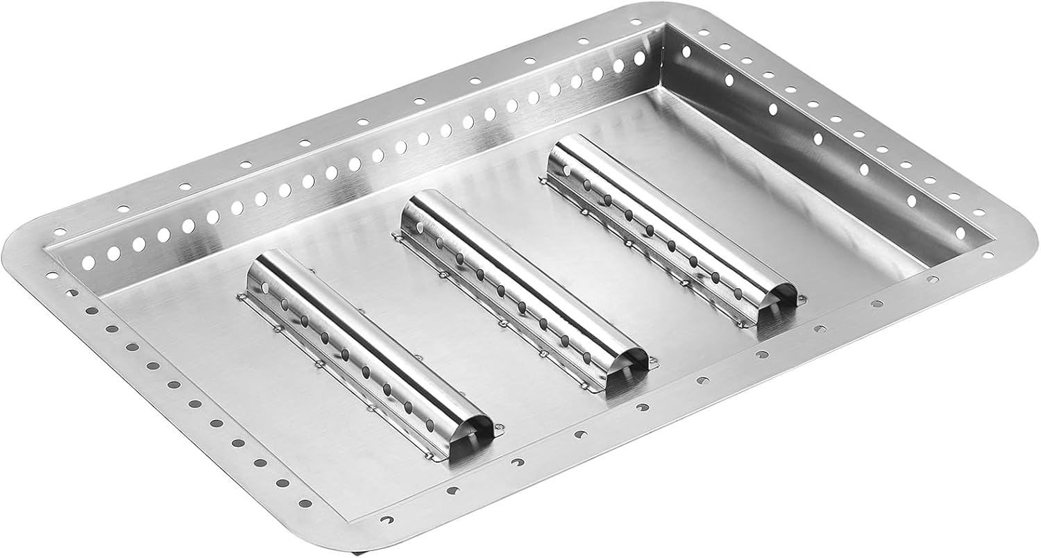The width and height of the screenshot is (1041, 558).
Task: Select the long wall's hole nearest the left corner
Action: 89,263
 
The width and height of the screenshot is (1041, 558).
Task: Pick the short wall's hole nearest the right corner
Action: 960,232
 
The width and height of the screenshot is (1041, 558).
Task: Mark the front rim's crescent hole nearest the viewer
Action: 387,518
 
